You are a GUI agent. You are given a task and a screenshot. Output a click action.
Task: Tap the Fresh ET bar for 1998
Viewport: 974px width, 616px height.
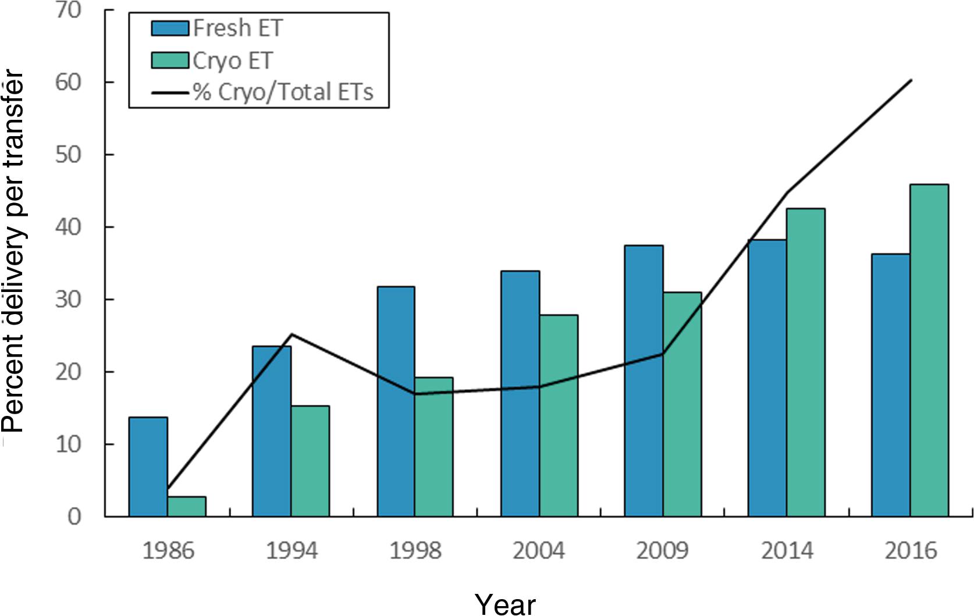click(396, 401)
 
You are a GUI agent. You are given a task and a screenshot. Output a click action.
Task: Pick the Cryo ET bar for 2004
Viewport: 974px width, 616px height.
click(559, 415)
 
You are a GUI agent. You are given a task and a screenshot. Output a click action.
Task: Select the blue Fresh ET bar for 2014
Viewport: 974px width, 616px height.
click(767, 378)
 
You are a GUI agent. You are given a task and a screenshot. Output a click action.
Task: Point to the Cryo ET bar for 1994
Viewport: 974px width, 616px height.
click(310, 461)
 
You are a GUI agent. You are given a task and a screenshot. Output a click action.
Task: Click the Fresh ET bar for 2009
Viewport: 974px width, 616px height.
click(644, 380)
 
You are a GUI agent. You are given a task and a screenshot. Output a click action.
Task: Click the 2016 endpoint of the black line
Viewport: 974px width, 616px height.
click(911, 80)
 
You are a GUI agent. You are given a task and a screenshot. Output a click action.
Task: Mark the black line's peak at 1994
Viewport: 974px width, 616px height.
click(291, 334)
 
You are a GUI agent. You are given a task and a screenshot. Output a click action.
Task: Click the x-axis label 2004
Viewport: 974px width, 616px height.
click(538, 550)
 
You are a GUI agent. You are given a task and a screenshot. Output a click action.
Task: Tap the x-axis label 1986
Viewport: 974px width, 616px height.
click(168, 550)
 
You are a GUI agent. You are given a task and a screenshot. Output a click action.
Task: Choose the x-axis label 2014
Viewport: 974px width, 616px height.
click(787, 550)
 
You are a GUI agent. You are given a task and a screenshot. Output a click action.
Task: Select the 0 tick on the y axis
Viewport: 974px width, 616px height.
click(74, 516)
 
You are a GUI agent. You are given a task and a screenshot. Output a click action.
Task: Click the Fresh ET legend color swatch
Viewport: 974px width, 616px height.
click(170, 28)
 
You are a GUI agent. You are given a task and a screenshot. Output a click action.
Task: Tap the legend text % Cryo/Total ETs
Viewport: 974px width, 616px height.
click(283, 92)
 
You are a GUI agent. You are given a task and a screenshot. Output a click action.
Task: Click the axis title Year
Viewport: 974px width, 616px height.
click(505, 604)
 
